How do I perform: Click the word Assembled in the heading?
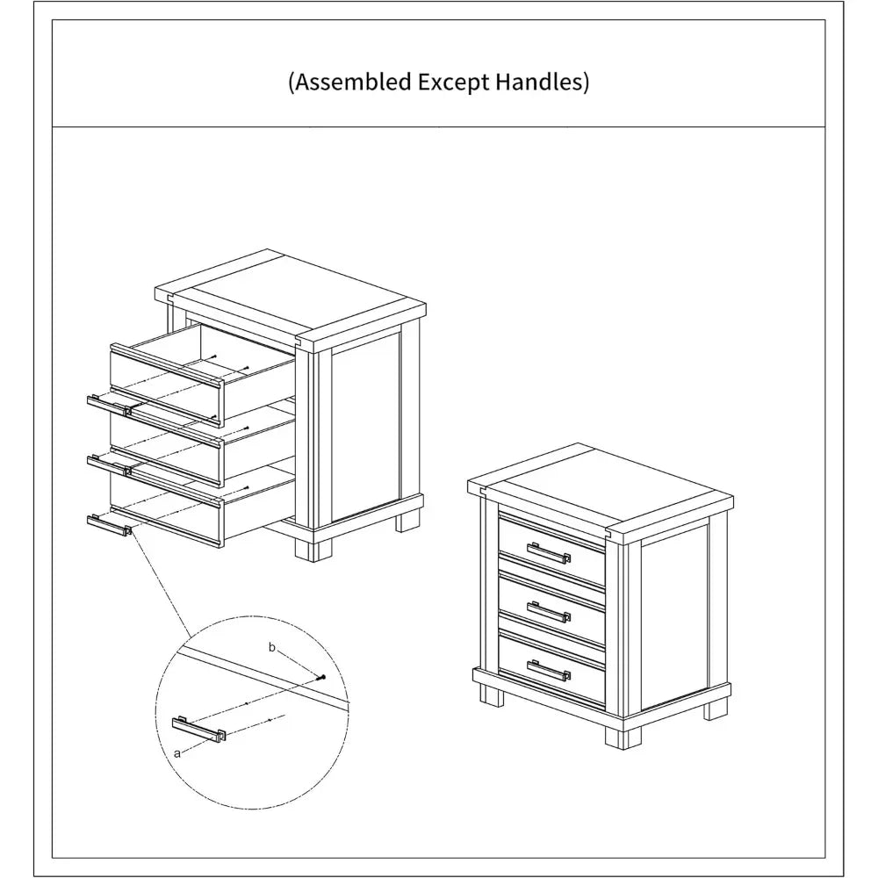[353, 82]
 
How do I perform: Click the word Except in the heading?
[454, 83]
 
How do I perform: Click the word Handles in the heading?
[539, 82]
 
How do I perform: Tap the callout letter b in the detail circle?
[272, 647]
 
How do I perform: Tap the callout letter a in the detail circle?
[177, 753]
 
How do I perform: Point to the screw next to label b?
[321, 678]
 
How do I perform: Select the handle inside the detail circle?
[198, 729]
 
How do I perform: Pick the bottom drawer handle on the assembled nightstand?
[549, 670]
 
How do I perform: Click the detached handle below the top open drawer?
[109, 406]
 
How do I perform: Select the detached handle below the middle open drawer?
[109, 465]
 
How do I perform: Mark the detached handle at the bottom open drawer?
[109, 525]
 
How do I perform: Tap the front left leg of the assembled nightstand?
[492, 695]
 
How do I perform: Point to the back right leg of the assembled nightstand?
[715, 709]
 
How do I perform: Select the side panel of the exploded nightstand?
[365, 428]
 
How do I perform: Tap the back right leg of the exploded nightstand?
[407, 520]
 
